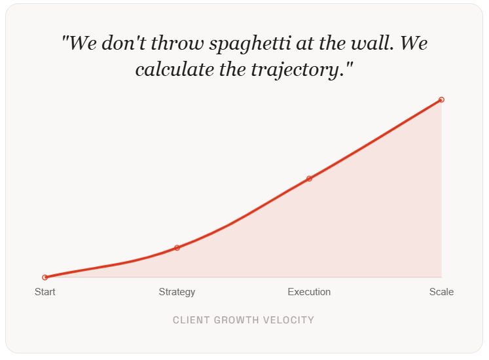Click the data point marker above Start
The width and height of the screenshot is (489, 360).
tap(45, 278)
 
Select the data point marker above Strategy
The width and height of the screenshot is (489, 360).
tap(177, 248)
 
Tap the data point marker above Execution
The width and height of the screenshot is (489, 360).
tap(309, 179)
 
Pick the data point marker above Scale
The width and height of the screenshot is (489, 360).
tap(442, 99)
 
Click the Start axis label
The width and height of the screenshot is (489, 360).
tap(45, 292)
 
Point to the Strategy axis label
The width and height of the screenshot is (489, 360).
tap(177, 292)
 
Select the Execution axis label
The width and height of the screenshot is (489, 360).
tap(309, 292)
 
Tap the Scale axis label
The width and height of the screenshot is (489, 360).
tap(441, 292)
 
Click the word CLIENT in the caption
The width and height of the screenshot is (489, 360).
tap(190, 320)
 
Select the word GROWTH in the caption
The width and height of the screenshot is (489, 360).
tap(236, 320)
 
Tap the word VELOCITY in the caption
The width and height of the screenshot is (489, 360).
tap(288, 320)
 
